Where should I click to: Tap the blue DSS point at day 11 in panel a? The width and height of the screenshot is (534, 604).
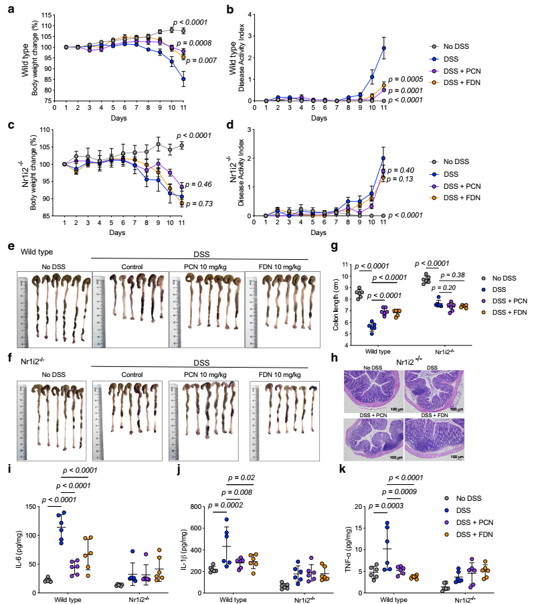pyautogui.click(x=183, y=79)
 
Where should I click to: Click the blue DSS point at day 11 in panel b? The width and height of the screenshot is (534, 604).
pyautogui.click(x=384, y=48)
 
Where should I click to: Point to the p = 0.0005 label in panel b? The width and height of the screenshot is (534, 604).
pyautogui.click(x=408, y=79)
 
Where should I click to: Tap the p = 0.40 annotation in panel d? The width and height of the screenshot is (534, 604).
pyautogui.click(x=403, y=170)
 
